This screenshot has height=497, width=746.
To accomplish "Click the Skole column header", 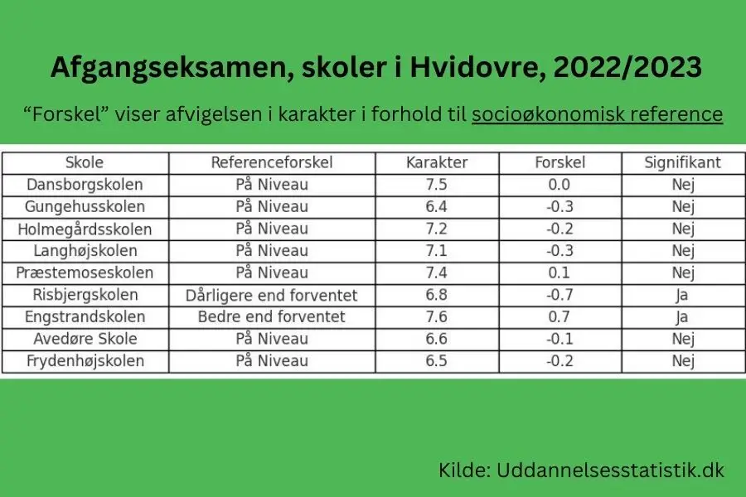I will click(85, 162).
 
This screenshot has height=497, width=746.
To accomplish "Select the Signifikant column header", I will click(683, 162).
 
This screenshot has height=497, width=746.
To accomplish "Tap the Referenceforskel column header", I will click(272, 162).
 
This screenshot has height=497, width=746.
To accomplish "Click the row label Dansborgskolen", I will click(85, 185).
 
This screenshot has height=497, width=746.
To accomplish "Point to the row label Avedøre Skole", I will click(85, 339).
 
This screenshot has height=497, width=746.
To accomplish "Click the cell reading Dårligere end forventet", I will click(272, 295).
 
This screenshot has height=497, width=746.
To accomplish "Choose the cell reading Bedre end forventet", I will click(272, 317).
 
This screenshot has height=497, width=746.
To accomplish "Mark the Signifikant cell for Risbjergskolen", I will click(683, 295).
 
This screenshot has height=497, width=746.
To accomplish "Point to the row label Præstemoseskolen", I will click(85, 273).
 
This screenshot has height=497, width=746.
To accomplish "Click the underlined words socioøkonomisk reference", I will click(597, 113).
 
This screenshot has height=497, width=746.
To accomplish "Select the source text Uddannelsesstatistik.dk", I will click(610, 470).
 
